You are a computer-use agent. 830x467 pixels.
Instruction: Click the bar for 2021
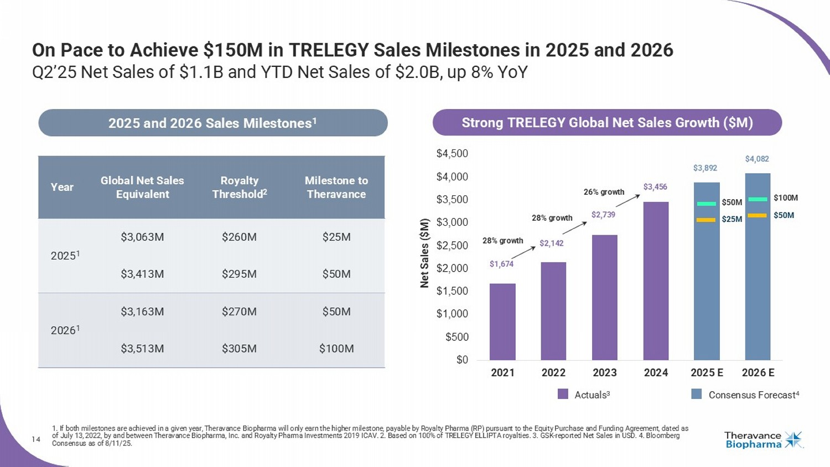coord(502,321)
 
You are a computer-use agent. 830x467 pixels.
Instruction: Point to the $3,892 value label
coord(705,168)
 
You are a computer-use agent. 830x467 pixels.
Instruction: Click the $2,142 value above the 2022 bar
coord(551,243)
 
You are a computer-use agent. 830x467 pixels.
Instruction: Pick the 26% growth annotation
coord(604,192)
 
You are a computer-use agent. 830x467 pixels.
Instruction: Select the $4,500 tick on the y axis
coord(452,154)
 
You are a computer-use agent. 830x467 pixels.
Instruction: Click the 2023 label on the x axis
coord(604,373)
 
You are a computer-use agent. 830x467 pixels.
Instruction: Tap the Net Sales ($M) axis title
coord(424,253)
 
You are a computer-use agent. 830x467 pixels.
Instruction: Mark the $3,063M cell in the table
coord(142,237)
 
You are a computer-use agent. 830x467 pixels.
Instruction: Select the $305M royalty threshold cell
coord(239,349)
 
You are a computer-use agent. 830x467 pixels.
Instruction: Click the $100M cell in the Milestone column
coord(336,349)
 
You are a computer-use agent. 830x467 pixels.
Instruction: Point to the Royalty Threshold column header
coord(239,188)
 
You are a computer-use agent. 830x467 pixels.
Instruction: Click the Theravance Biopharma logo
coord(763,440)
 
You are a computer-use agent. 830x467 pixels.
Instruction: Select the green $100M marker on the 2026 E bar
coord(758,199)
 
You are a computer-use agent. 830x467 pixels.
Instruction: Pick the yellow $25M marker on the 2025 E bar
coord(706,220)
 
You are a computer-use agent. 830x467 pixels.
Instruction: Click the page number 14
coord(36,439)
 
